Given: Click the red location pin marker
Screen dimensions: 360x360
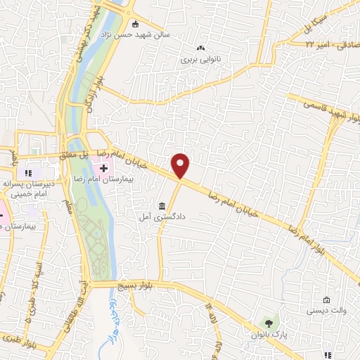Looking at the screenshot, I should (x=181, y=165).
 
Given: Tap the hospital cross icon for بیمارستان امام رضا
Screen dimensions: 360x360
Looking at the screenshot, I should (x=104, y=168).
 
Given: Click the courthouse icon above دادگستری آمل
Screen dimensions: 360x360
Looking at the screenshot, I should (x=162, y=207).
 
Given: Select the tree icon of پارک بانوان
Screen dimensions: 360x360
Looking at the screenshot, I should (x=267, y=322).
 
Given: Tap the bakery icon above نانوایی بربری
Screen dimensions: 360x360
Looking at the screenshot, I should (x=201, y=49).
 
